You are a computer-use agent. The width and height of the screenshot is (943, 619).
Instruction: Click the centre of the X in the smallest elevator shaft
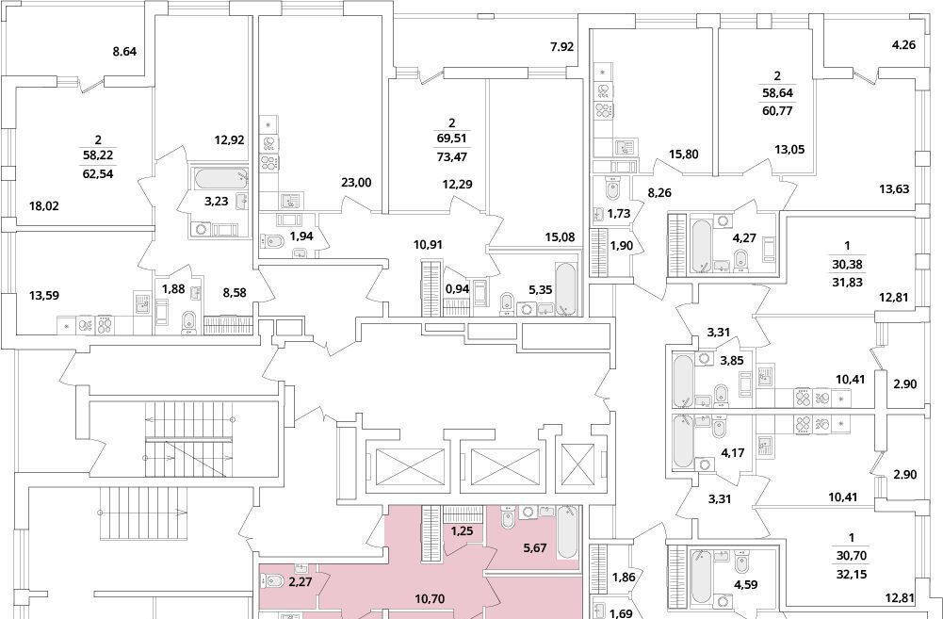577,465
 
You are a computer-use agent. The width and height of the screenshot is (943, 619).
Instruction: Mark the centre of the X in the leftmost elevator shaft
409,466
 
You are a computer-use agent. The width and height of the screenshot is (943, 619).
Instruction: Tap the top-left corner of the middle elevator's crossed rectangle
471,448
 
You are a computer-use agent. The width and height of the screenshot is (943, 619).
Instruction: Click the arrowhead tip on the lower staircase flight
184,513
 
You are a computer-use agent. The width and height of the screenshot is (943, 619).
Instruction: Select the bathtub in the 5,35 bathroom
565,288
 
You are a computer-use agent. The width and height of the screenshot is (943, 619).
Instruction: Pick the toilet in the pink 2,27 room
273,581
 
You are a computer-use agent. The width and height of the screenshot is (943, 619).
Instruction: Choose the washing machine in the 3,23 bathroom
202,229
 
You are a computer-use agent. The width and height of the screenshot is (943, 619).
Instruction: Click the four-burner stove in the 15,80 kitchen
603,110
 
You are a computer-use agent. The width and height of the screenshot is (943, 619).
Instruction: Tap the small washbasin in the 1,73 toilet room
599,214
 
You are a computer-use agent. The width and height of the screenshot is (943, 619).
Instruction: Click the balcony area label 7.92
562,47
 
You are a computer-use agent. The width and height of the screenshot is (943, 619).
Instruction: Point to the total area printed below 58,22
98,175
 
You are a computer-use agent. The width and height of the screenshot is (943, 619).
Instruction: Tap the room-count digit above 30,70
852,537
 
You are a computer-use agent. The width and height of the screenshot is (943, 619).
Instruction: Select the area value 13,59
45,295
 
